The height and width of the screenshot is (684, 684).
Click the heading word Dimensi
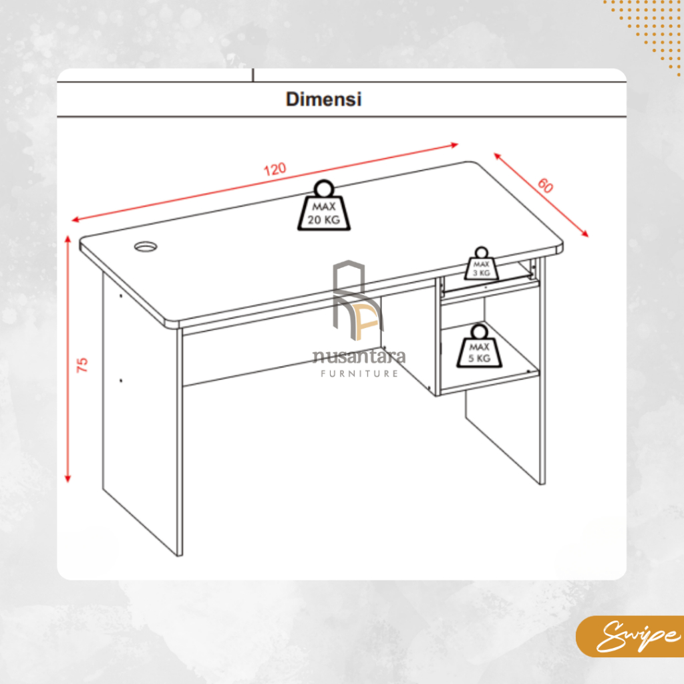324,99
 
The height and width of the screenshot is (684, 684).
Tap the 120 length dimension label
275,169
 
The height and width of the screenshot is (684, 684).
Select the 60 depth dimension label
545,186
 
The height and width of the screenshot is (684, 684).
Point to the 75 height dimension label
82,365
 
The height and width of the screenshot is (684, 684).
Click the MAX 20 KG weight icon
324,206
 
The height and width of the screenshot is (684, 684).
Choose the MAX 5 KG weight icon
479,346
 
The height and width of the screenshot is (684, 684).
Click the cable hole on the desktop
146,247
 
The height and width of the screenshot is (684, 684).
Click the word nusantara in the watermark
359,357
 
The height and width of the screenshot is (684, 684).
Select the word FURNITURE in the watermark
359,373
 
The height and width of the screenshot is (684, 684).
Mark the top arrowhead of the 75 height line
67,238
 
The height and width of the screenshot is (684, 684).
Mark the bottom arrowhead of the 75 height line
67,479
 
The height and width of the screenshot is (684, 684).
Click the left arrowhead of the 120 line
75,219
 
